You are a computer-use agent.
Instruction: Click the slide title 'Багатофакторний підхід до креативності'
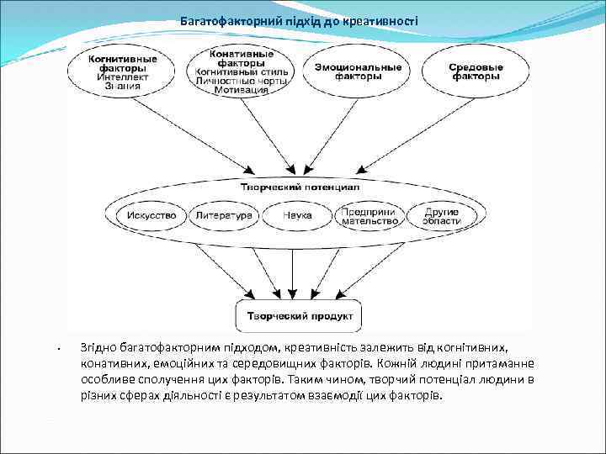[x=298, y=20]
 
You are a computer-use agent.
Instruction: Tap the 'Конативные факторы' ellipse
[x=241, y=71]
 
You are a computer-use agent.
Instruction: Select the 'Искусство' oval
[x=151, y=216]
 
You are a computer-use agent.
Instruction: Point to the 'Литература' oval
[x=224, y=216]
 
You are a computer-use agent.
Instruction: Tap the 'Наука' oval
[x=298, y=216]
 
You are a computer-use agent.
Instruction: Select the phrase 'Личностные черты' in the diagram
[x=241, y=82]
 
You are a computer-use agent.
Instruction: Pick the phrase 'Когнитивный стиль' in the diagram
[x=241, y=72]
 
